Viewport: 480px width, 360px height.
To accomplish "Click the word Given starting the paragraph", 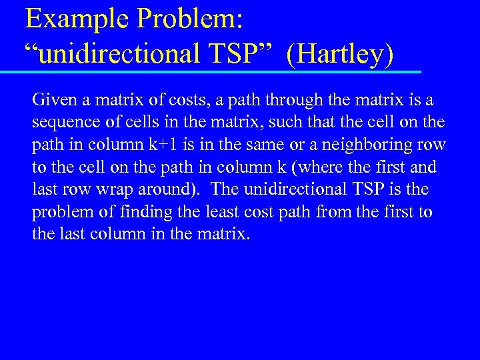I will point(55,101).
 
